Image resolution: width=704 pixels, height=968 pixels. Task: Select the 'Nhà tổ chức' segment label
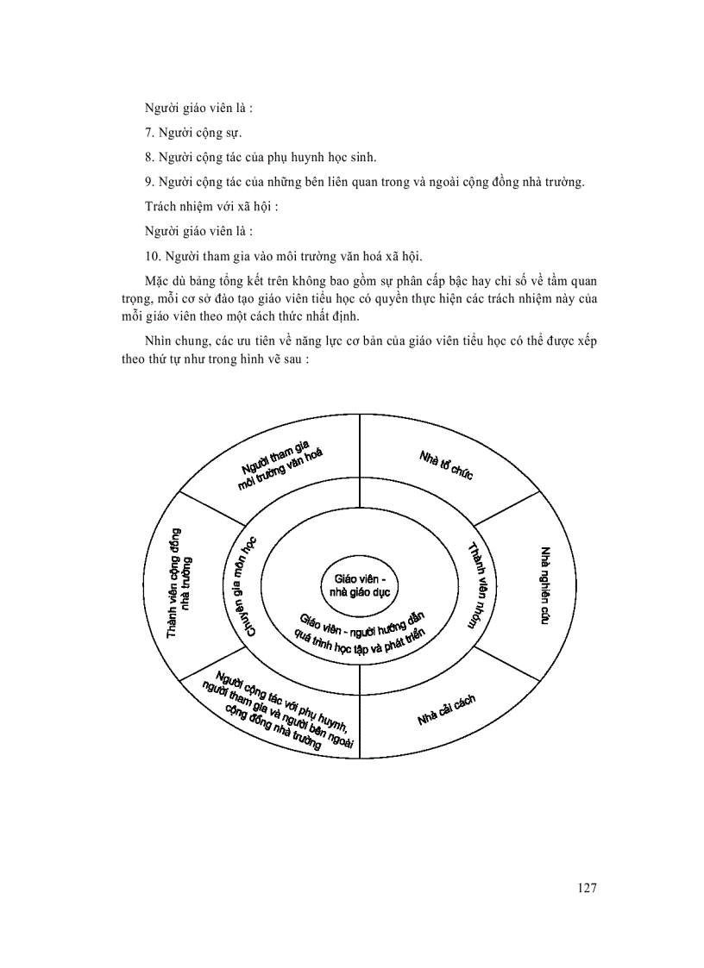(446, 465)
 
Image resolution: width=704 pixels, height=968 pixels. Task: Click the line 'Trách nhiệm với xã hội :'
(211, 207)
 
